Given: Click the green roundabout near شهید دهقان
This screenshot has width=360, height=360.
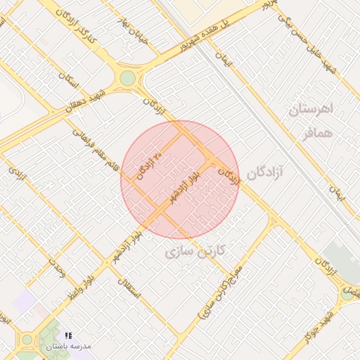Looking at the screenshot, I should click(127, 78).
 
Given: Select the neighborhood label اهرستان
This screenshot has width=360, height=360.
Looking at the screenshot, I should click(314, 111).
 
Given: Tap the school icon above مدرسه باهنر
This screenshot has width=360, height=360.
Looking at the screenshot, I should click(68, 336).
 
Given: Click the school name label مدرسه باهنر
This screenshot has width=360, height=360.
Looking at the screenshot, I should click(68, 347).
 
